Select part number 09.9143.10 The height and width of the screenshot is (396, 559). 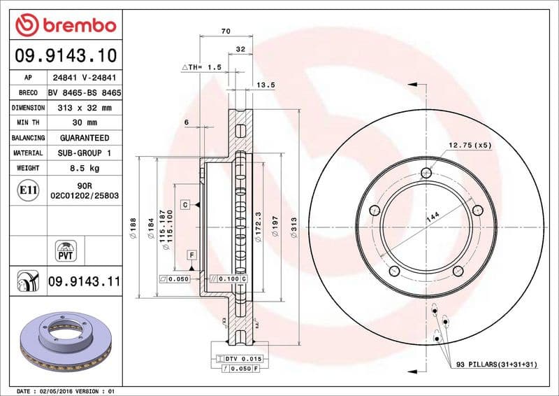click(64, 55)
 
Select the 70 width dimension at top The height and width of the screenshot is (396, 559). click(225, 31)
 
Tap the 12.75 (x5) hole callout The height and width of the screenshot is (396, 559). click(470, 146)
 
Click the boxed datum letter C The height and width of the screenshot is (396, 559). click(185, 205)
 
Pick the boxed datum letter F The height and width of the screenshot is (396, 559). click(190, 255)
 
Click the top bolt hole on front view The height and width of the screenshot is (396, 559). click(426, 174)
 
